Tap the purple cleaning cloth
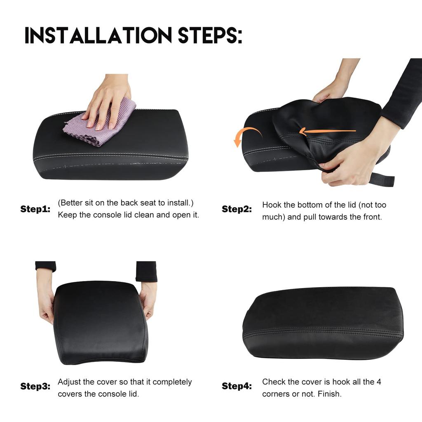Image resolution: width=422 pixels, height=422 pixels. pos(101,124)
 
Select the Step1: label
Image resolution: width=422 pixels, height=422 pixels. pos(35,209)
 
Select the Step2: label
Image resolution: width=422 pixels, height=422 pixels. pos(237,209)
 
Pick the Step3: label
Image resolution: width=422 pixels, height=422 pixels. pos(35,386)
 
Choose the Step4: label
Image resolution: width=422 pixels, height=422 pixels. pos(237,386)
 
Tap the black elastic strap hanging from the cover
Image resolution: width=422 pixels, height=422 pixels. pos(381,179)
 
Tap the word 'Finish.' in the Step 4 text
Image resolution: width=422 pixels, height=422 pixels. pos(330,394)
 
